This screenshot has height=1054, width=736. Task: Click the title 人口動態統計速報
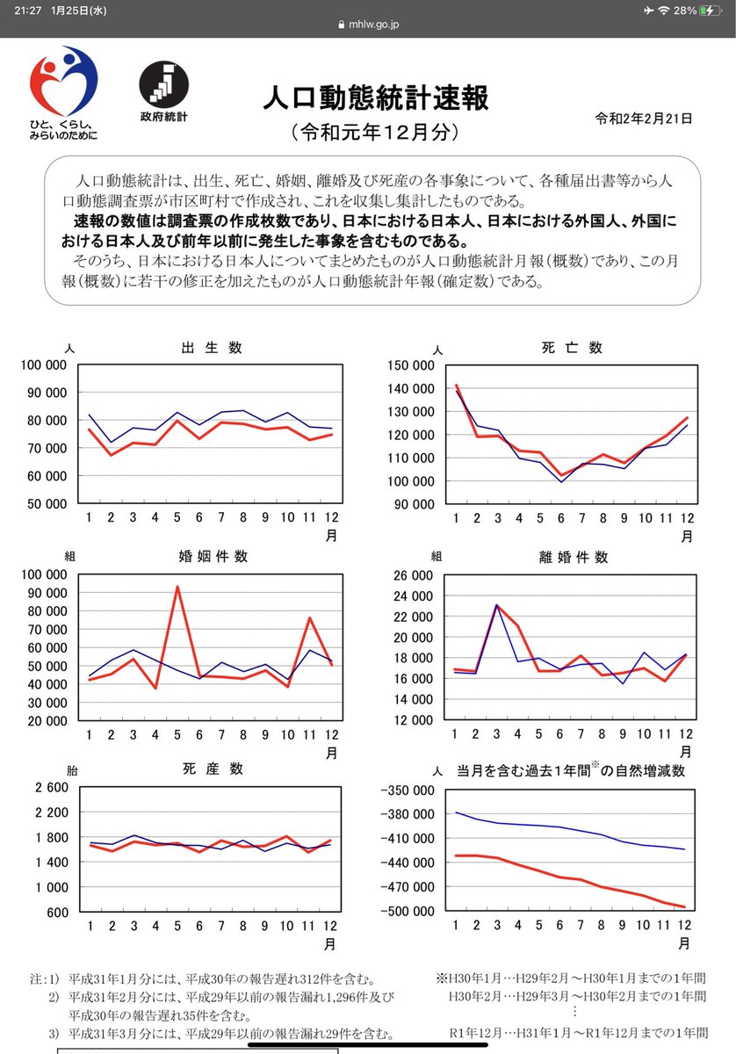coord(375,97)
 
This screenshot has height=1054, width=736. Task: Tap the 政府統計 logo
coord(162,83)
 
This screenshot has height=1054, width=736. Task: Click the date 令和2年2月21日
coord(643,118)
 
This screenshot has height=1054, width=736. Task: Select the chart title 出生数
coord(211,347)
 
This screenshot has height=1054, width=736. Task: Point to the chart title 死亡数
coord(572,347)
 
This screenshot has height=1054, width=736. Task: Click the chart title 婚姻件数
coord(213,556)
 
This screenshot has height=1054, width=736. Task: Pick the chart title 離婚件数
coord(572,557)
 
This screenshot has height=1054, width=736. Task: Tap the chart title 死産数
coord(211,769)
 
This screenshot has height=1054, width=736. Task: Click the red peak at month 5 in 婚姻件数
coord(178,587)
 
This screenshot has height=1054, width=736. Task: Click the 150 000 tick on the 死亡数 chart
coord(408,365)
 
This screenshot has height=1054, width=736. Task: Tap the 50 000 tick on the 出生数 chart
coord(48,504)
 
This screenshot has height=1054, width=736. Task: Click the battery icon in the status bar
coord(712,10)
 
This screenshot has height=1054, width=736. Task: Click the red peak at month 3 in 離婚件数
coord(496,605)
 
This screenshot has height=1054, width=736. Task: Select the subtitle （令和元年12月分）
coord(375,134)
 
